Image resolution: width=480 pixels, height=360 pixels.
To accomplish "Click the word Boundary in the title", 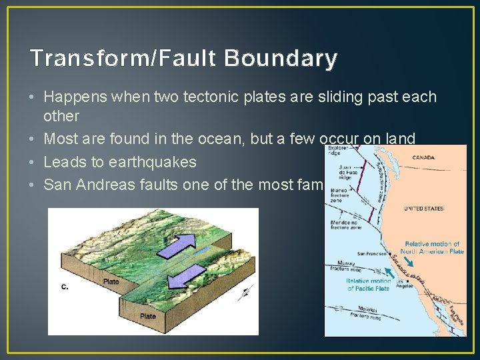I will [x=281, y=59].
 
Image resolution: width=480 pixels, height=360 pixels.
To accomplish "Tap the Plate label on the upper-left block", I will [x=111, y=281].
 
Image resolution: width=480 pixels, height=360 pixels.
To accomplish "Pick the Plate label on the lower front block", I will [x=147, y=316].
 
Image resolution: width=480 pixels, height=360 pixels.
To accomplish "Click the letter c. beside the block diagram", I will [x=64, y=287].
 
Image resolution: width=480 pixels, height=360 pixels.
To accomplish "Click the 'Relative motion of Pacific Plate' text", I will [x=368, y=285].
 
